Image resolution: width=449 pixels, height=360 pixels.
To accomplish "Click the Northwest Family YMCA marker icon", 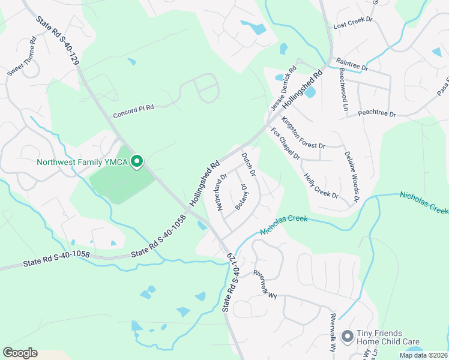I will [137, 161].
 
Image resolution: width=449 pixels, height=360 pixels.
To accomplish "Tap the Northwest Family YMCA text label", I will [82, 162].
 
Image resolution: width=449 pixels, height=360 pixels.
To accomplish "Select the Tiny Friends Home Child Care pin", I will [346, 337].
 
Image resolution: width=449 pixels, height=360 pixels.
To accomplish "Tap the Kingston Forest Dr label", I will [303, 133].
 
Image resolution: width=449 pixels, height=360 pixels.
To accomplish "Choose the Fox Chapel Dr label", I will [285, 144].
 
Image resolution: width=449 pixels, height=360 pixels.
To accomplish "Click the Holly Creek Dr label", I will [321, 186].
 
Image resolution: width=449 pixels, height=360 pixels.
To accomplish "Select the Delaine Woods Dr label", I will [352, 176].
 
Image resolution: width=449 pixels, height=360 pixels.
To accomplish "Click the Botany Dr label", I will [242, 197].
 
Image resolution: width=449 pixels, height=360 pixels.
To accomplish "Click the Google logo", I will [20, 353].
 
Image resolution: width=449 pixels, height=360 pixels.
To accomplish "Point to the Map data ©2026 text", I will [423, 355].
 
